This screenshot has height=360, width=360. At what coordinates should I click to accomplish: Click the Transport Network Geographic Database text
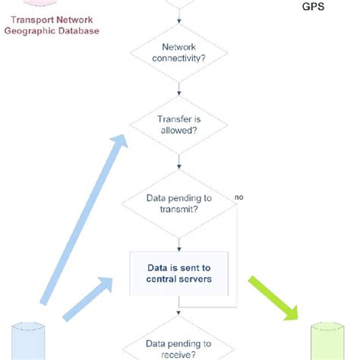point(50,26)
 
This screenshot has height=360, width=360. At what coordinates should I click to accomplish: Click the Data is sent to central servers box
point(178,273)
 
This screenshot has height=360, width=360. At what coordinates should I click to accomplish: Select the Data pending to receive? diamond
point(178,346)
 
